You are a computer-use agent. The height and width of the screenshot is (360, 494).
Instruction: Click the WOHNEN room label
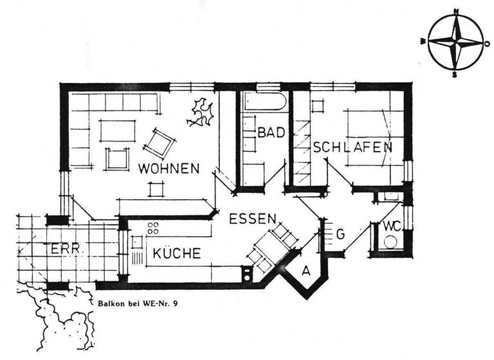pos(169,168)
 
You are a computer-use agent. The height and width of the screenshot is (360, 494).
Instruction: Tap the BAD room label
pos(271,133)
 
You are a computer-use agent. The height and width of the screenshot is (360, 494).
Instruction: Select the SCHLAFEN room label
pos(352,147)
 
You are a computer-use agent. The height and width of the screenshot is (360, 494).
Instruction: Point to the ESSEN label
pos(253,218)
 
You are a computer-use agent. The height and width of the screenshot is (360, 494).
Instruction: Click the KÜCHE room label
pos(176,253)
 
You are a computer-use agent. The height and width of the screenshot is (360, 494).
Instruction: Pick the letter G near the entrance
pos(340,235)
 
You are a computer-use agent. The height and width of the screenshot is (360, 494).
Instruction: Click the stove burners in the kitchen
pos(154,228)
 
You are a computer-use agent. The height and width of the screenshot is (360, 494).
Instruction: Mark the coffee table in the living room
pos(116,131)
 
